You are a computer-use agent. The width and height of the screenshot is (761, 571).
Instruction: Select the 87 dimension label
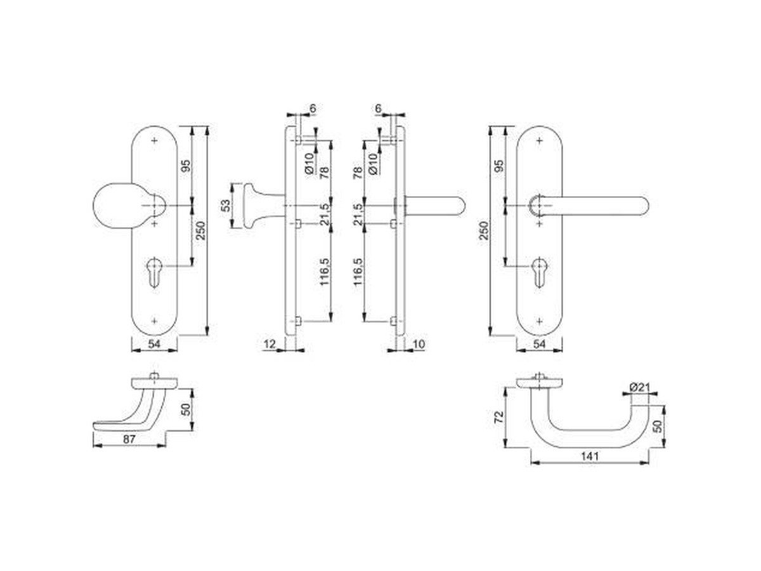pyautogui.click(x=129, y=440)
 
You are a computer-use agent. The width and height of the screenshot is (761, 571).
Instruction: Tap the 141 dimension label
pyautogui.click(x=589, y=456)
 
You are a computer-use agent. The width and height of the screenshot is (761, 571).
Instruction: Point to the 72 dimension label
pyautogui.click(x=498, y=417)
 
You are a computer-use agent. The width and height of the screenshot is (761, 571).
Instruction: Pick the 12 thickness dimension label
pyautogui.click(x=270, y=345)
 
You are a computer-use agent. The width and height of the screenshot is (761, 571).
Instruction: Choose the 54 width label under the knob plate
pyautogui.click(x=154, y=345)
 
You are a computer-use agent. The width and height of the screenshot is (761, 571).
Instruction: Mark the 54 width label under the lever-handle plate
pyautogui.click(x=540, y=345)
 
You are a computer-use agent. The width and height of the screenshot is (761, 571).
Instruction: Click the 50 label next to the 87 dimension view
pyautogui.click(x=186, y=409)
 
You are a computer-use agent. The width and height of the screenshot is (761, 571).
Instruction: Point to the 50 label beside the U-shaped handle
pyautogui.click(x=658, y=426)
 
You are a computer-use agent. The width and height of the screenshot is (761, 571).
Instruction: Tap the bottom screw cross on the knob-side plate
pyautogui.click(x=155, y=321)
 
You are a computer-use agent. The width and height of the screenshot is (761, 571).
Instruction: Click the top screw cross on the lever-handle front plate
pyautogui.click(x=539, y=140)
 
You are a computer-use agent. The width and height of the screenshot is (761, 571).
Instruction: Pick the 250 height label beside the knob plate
pyautogui.click(x=201, y=230)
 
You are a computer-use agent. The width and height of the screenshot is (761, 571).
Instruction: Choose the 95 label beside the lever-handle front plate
pyautogui.click(x=499, y=166)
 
